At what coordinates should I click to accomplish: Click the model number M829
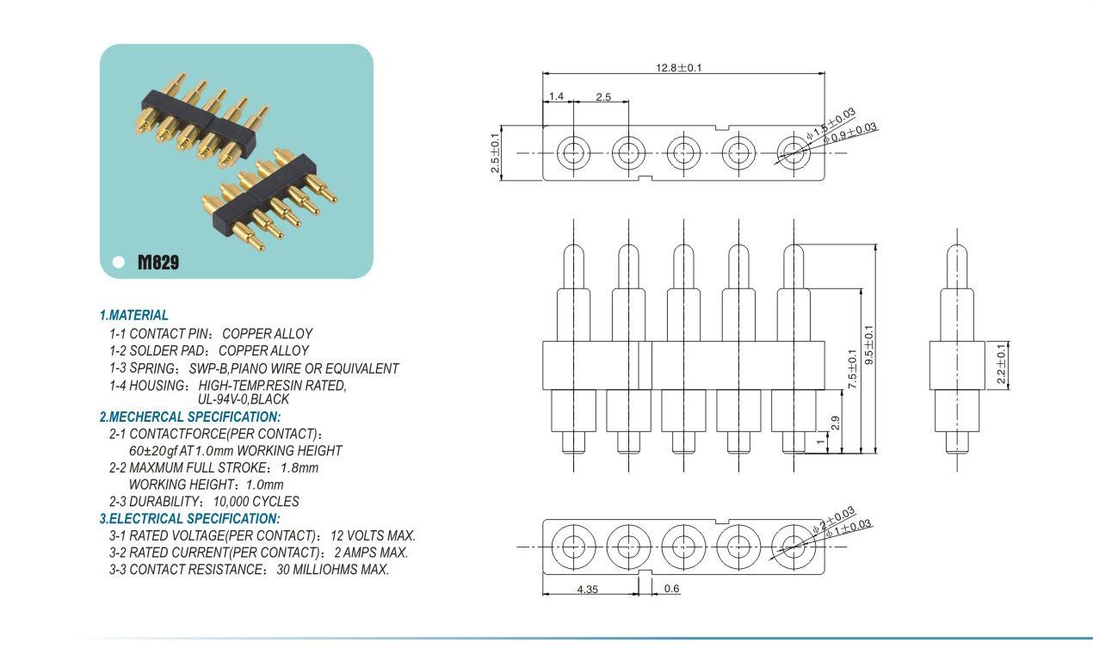pyautogui.click(x=158, y=262)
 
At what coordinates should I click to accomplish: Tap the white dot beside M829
pyautogui.click(x=118, y=262)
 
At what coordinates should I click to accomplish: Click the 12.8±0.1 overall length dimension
pyautogui.click(x=678, y=67)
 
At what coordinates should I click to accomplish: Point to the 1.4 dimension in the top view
pyautogui.click(x=556, y=96)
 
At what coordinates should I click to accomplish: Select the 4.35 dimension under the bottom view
pyautogui.click(x=587, y=589)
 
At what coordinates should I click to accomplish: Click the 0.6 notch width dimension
pyautogui.click(x=671, y=589)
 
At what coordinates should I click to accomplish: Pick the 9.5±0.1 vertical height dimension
pyautogui.click(x=868, y=344)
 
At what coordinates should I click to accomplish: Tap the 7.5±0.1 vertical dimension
pyautogui.click(x=852, y=369)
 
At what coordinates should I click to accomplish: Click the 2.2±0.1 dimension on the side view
pyautogui.click(x=1001, y=364)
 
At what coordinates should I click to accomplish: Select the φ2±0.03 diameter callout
pyautogui.click(x=833, y=519)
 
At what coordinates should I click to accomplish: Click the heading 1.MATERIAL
pyautogui.click(x=133, y=315)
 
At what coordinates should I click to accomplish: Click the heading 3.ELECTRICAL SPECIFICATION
pyautogui.click(x=190, y=519)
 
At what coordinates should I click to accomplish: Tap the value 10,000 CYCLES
pyautogui.click(x=256, y=502)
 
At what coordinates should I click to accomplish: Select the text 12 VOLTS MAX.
pyautogui.click(x=373, y=535)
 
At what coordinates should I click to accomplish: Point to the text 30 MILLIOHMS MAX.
pyautogui.click(x=333, y=570)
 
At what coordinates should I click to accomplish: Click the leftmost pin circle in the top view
pyautogui.click(x=573, y=152)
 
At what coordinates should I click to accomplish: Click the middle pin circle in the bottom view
pyautogui.click(x=683, y=547)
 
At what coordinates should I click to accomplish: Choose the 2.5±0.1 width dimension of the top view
pyautogui.click(x=495, y=152)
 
